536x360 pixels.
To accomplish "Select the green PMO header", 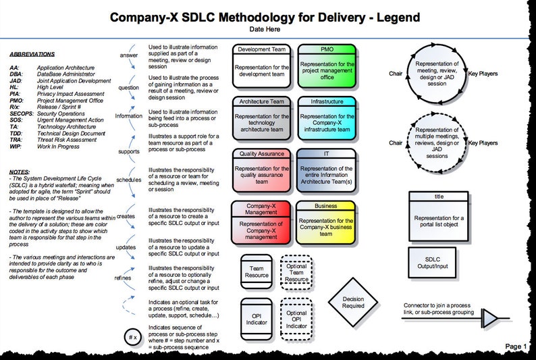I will [327, 49].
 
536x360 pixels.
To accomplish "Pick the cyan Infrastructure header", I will [327, 102].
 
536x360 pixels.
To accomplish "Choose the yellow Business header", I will [327, 205].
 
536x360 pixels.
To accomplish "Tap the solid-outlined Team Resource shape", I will [256, 271].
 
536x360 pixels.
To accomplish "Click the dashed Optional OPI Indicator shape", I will [296, 318].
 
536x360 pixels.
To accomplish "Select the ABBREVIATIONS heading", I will [32, 54].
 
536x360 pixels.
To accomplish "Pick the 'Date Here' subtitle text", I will [267, 30].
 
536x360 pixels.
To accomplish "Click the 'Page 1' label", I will [516, 346].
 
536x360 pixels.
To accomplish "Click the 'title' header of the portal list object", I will [439, 197].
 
